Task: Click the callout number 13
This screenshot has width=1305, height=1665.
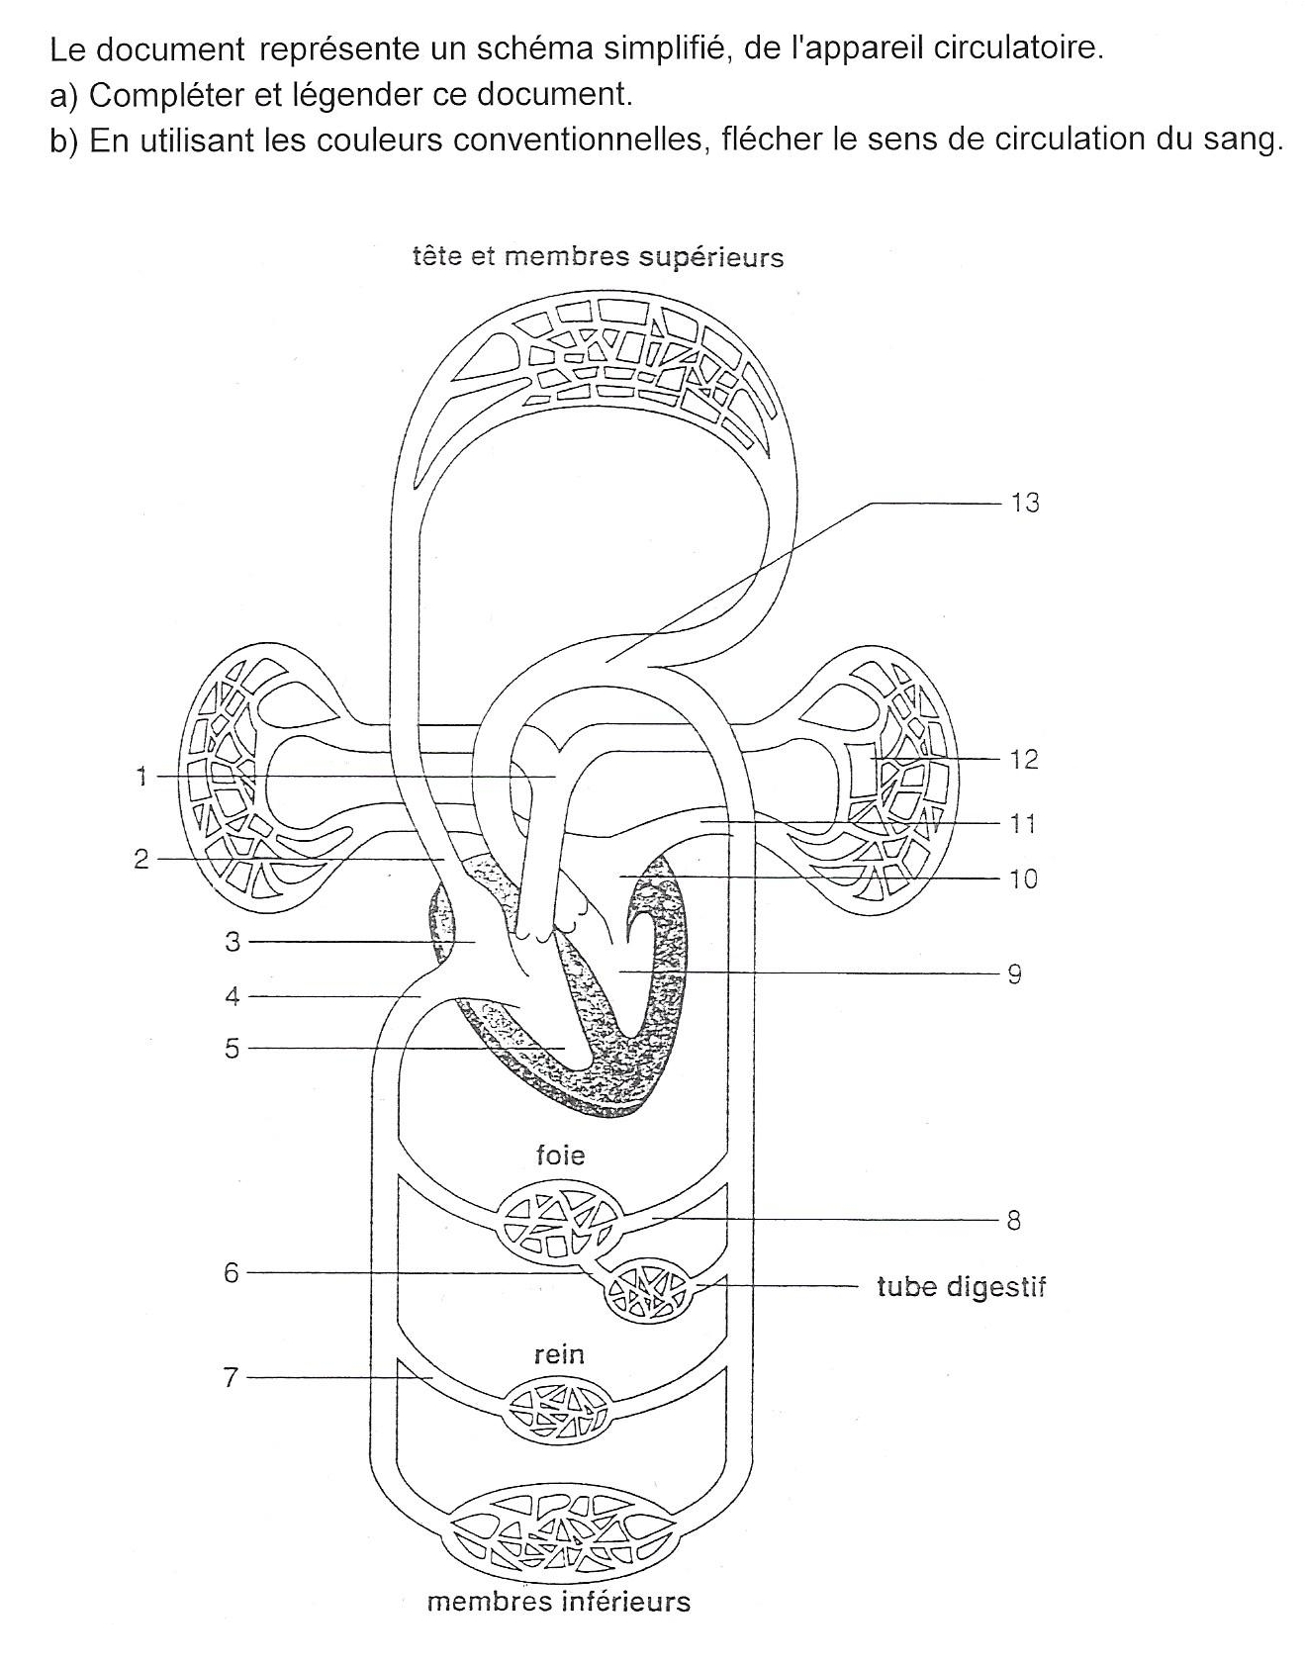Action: (1024, 503)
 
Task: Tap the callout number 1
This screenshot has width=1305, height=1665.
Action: (141, 777)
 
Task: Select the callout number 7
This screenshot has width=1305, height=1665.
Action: (231, 1376)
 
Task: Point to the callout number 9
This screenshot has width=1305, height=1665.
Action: (1014, 973)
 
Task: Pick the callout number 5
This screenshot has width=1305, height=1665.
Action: (232, 1048)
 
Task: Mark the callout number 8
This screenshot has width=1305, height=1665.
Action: (1013, 1220)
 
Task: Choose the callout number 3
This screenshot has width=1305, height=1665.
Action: (233, 941)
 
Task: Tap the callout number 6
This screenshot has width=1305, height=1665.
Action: (232, 1272)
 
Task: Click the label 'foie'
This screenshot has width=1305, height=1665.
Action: (560, 1155)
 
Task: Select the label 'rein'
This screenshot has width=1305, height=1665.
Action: (559, 1353)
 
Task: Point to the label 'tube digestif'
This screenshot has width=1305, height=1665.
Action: (961, 1286)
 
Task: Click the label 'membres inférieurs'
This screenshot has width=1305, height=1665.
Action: (558, 1601)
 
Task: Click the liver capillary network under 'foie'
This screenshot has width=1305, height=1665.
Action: (560, 1223)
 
